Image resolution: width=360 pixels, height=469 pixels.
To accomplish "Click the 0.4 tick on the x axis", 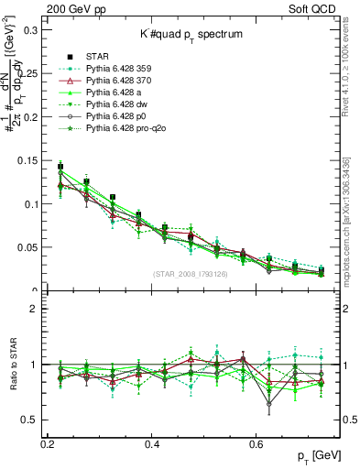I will pyautogui.click(x=153, y=444).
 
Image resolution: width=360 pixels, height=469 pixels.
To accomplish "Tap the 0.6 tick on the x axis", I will pyautogui.click(x=257, y=444).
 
